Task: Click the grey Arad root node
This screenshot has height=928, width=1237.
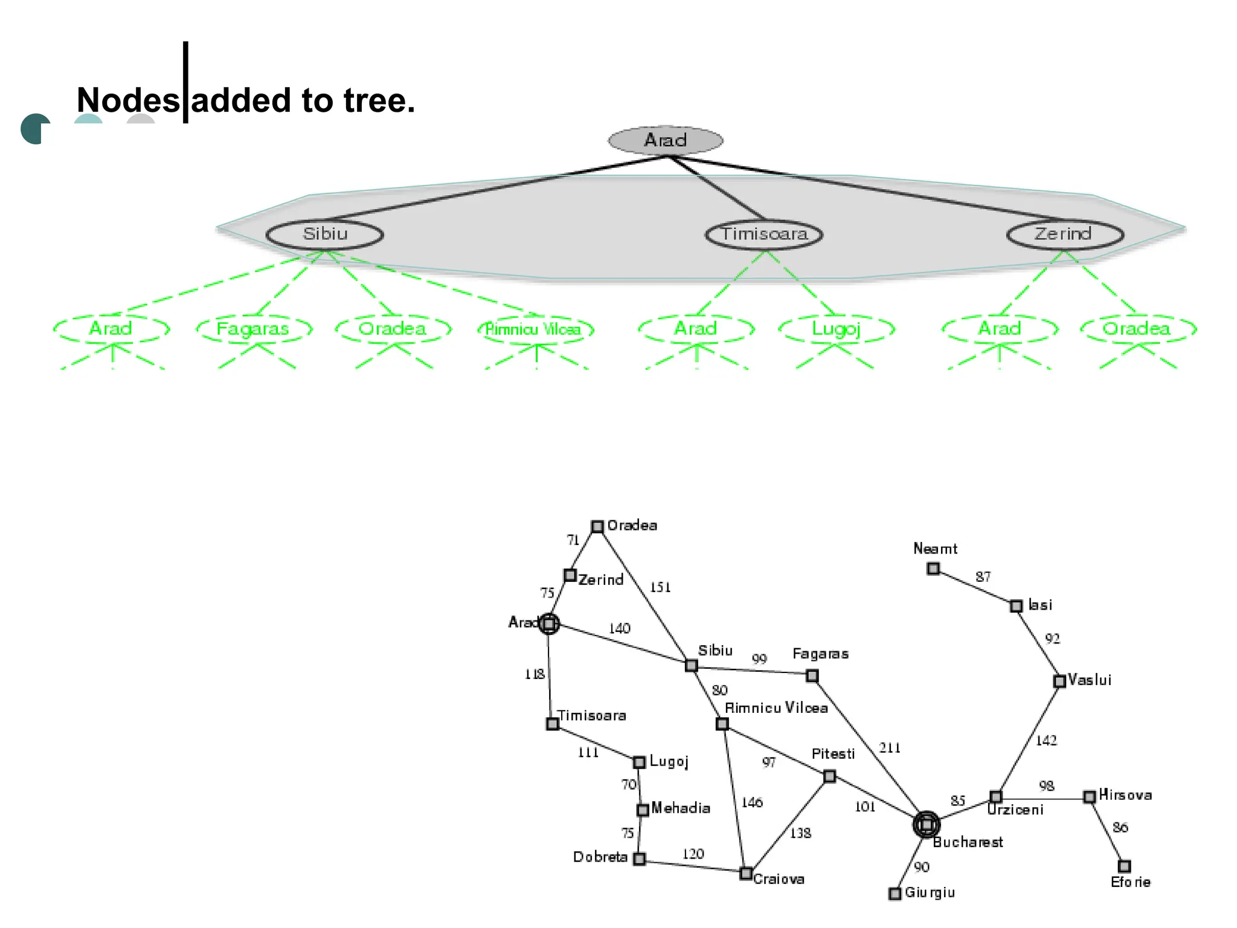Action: point(665,140)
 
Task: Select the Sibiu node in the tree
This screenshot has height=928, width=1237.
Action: point(325,234)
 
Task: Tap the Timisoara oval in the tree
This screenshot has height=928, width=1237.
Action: point(764,234)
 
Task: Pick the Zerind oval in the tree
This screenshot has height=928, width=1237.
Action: point(1064,234)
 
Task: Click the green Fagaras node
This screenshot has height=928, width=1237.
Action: point(253,329)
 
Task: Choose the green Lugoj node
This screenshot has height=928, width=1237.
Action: point(836,329)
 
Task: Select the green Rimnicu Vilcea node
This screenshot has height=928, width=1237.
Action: point(534,329)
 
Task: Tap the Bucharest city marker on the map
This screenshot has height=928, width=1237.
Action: point(926,824)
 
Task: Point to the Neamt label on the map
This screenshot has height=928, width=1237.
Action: point(935,549)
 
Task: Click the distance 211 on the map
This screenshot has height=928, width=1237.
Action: point(890,748)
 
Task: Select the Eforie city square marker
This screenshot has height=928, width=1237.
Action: point(1124,866)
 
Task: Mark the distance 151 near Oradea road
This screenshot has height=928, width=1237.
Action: point(660,587)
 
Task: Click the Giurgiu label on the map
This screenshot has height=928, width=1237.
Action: point(930,892)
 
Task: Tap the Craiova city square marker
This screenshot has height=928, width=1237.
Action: point(746,873)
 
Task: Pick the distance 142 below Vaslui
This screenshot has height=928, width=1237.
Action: point(1046,740)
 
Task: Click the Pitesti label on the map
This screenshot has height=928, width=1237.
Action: point(833,754)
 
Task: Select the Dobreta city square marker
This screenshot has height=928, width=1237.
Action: point(639,859)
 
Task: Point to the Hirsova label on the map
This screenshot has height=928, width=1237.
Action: point(1125,795)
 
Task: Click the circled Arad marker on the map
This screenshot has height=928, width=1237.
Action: point(548,623)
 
